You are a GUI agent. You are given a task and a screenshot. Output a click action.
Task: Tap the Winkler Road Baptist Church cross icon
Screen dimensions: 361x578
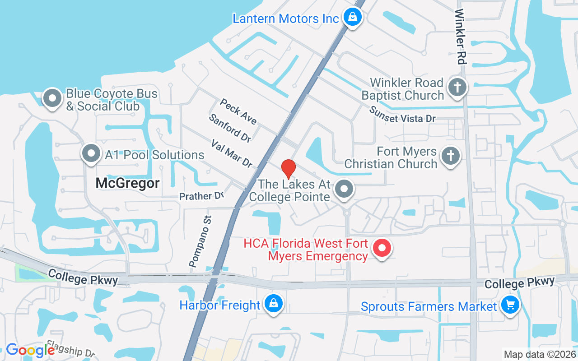457,88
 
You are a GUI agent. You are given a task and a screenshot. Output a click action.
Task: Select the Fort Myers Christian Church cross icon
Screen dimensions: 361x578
450,156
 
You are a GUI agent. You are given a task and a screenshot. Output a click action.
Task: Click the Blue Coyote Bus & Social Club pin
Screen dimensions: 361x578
52,98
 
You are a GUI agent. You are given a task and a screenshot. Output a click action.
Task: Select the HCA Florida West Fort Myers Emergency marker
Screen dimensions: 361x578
382,248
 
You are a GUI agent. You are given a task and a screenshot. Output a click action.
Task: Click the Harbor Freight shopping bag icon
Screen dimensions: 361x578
274,304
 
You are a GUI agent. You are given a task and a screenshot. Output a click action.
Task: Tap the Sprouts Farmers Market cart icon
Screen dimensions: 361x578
510,305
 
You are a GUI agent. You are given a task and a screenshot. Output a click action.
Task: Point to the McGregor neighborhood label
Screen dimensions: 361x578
128,183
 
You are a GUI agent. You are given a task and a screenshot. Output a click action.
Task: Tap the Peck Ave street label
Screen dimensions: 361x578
238,111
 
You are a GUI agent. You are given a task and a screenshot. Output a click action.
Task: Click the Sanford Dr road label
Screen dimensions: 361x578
230,128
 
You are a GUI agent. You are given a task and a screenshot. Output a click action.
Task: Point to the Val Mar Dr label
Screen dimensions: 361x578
232,153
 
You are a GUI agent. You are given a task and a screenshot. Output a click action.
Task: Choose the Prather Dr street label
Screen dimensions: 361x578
201,196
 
